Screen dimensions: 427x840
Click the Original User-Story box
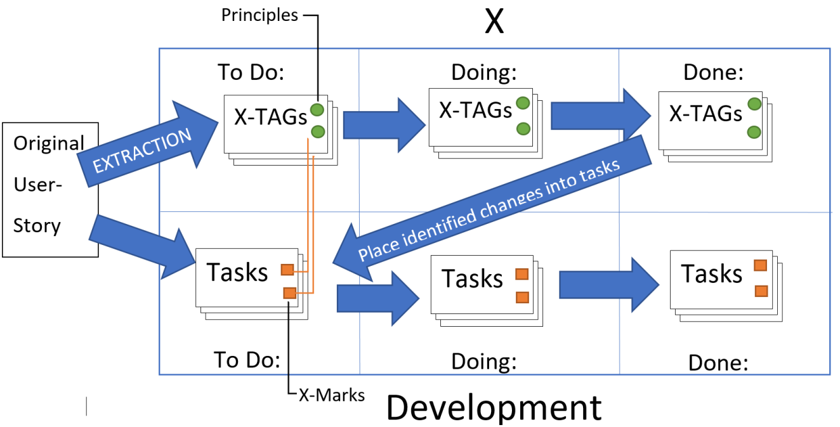coord(49,189)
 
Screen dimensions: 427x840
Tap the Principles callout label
coord(259,15)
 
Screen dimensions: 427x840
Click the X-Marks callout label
coord(331,395)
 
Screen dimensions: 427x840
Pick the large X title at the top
coord(494,22)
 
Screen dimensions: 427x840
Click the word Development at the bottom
coord(494,407)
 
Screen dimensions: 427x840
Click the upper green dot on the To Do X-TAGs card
coord(317,109)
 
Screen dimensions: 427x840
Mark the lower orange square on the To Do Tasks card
coord(289,293)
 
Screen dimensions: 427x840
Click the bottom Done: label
coord(719,364)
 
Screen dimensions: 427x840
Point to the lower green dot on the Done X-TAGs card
coord(754,132)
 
